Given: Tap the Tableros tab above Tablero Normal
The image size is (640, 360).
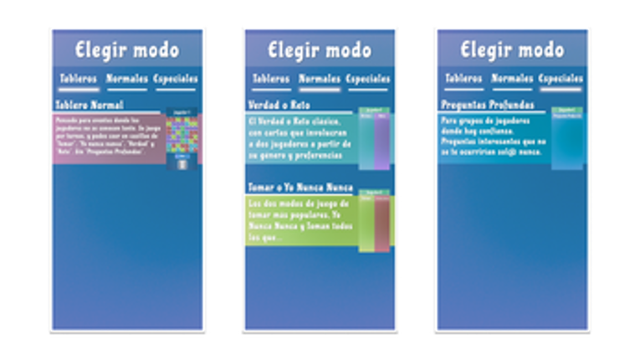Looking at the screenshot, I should point(78,80).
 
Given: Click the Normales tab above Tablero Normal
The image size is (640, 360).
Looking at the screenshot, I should point(127,80).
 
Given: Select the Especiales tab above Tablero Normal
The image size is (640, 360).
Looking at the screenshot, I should point(177,80).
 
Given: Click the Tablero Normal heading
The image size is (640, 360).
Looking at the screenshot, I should point(90,105).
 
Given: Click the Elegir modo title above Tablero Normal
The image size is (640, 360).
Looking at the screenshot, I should point(127,49).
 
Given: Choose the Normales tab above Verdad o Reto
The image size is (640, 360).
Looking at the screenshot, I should point(320,80).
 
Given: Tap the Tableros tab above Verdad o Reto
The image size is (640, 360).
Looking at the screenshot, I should point(270,80).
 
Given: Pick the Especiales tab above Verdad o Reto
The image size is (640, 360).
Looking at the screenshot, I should point(369,80).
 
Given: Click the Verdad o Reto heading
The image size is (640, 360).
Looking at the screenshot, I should point(279,105).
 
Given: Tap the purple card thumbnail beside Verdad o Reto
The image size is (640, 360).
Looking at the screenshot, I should point(374,139).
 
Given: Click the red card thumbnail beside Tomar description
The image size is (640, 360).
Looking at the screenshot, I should point(375,223).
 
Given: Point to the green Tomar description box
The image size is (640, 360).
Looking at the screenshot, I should point(301,221).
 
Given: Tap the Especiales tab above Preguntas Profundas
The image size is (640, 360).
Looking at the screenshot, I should point(561,80).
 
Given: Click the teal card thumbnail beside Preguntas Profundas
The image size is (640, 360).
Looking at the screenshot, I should point(567,139).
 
